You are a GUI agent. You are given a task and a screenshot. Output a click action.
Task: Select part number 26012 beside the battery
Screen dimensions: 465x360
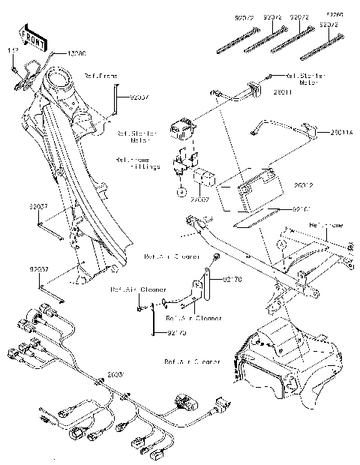(304, 184)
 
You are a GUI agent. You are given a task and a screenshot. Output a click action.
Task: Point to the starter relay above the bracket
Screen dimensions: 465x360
(184, 130)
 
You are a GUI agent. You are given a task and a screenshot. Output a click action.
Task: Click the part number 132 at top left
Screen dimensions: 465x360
(13, 50)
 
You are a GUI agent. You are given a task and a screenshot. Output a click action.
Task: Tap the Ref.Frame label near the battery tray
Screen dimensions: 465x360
(325, 224)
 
